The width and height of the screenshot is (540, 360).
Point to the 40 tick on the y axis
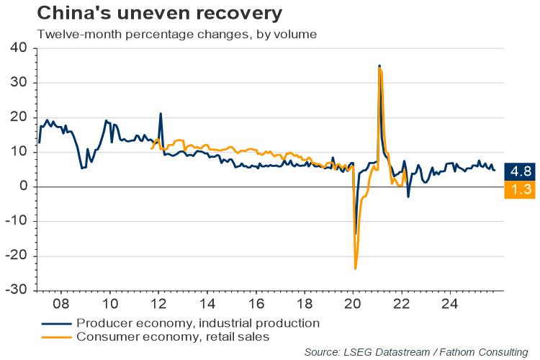click(x=18, y=48)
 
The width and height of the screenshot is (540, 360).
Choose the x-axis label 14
click(x=207, y=302)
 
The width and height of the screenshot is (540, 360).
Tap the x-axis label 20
click(x=353, y=302)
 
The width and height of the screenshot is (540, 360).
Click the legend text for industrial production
click(x=197, y=322)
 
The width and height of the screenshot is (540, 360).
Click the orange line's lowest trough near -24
click(x=356, y=269)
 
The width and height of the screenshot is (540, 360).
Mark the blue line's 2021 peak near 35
click(x=379, y=66)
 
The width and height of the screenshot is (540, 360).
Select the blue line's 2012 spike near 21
click(x=161, y=114)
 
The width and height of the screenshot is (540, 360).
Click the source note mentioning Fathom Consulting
click(x=415, y=351)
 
